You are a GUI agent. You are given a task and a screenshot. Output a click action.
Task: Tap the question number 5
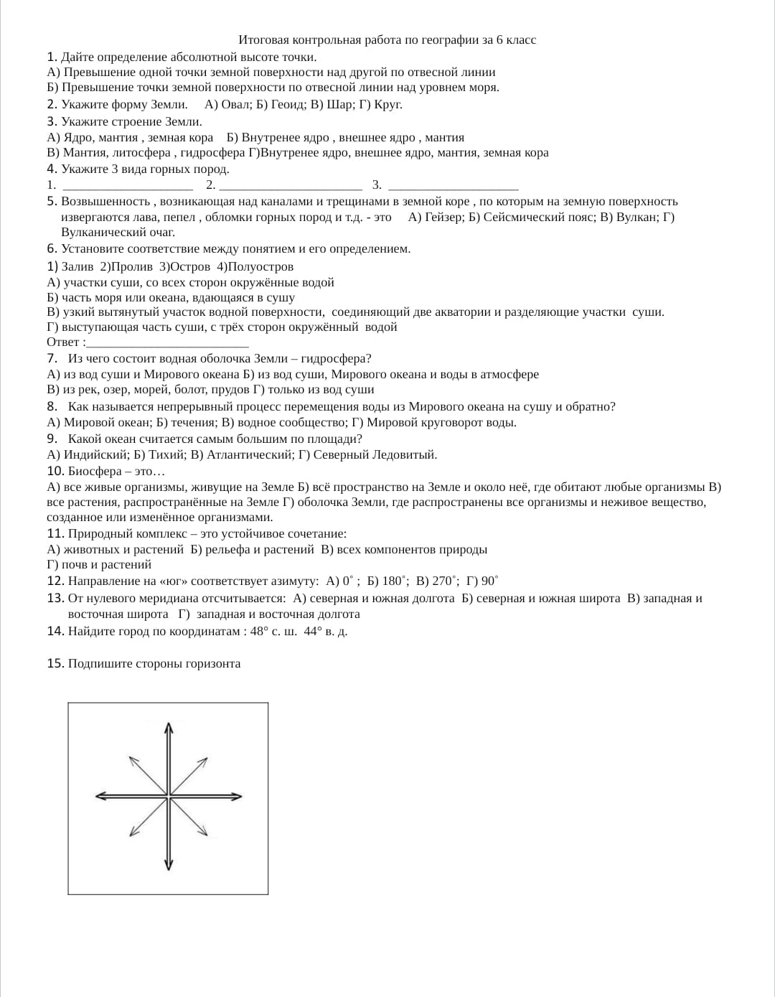(51, 202)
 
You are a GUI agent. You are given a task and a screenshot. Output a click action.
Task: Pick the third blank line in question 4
(453, 185)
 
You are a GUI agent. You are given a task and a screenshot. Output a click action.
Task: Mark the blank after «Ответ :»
(167, 342)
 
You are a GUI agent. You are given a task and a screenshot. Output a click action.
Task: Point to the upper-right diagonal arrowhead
(206, 758)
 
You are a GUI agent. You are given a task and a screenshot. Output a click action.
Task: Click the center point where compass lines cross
(169, 796)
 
